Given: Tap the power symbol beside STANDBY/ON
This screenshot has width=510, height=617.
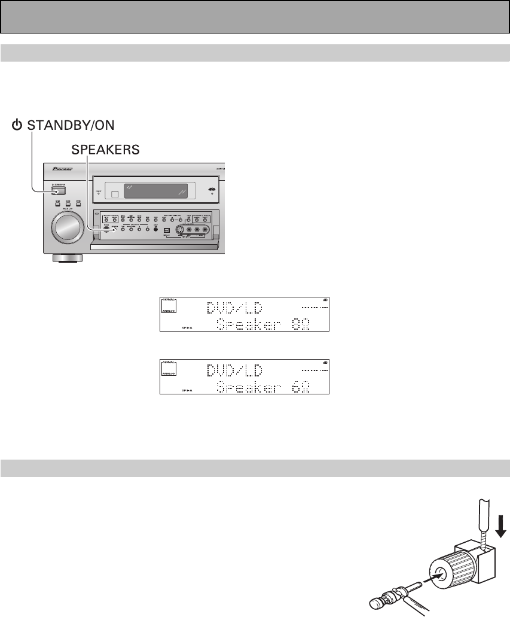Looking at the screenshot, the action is pos(18,126).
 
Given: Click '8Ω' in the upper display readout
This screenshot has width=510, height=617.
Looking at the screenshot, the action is pos(304,324).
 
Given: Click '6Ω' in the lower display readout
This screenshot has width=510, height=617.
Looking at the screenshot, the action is pos(304,387).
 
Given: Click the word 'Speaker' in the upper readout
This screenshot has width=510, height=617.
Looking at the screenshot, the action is pos(249,324).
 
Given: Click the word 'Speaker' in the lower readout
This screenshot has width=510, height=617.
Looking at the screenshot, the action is pos(249,387).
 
